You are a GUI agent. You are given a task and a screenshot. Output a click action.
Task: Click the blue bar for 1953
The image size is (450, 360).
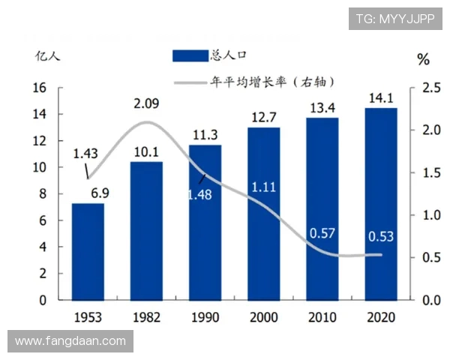tap(88, 251)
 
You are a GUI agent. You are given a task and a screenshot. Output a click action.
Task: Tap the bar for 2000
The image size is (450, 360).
tap(263, 213)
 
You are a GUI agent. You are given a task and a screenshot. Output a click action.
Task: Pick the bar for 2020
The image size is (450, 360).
tap(380, 203)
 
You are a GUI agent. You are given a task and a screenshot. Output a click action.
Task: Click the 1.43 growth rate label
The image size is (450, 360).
tap(85, 154)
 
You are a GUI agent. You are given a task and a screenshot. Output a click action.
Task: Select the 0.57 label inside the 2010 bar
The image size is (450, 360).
tap(322, 233)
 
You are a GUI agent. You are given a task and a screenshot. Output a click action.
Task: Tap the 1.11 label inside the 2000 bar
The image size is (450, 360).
tap(264, 186)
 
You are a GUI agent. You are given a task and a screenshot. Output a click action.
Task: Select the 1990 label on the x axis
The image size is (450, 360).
tap(205, 316)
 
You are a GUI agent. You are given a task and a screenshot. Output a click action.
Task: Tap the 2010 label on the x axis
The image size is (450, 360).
tap(322, 316)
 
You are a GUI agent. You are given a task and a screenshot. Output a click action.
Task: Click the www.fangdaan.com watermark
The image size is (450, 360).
tap(70, 341)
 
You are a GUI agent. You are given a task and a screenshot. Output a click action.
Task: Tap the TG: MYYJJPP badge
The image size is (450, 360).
tap(395, 19)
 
